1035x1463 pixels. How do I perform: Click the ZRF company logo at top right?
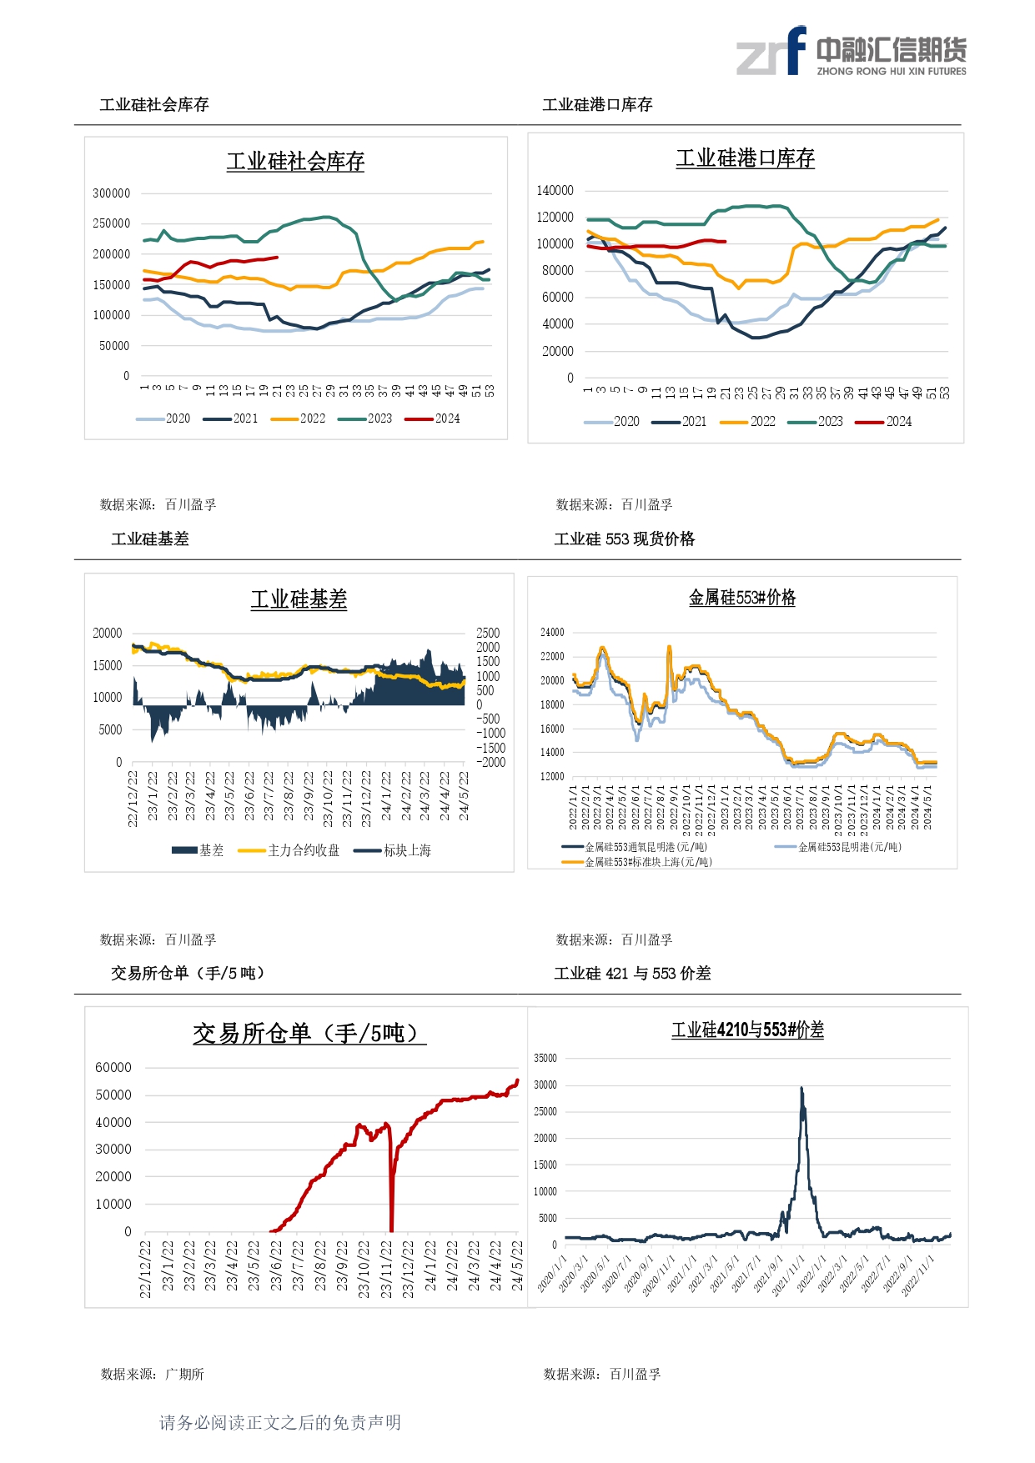pos(851,53)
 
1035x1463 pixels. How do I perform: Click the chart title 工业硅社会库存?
pos(295,162)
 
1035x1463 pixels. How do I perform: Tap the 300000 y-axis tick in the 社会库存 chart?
pos(112,193)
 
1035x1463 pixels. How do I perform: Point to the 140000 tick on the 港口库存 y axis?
pos(555,191)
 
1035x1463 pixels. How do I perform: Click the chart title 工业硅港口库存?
pos(745,158)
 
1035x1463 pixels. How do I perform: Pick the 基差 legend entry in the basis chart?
pos(198,850)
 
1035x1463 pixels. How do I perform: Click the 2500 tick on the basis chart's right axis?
pos(488,634)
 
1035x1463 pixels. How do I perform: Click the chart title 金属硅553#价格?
pos(741,598)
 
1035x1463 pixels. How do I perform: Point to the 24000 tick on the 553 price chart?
pos(552,633)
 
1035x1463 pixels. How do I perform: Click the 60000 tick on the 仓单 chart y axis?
pos(113,1068)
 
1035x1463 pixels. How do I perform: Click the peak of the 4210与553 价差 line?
pos(801,1088)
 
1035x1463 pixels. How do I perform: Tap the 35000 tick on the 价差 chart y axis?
pos(545,1059)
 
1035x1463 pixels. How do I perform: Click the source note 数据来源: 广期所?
pos(153,1374)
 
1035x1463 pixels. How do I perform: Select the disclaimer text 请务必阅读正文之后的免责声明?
pos(280,1422)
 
